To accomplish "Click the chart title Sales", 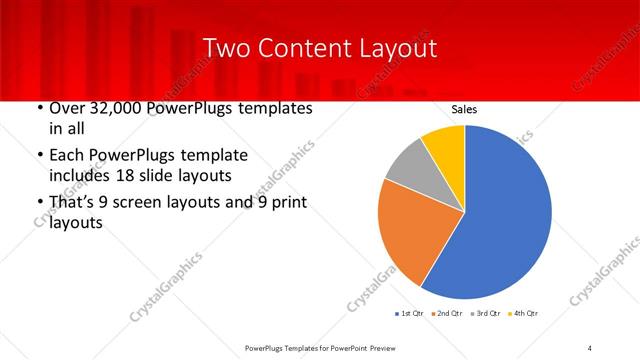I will [464, 108].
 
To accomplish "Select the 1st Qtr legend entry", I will [411, 314].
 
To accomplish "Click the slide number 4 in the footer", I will [590, 347].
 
